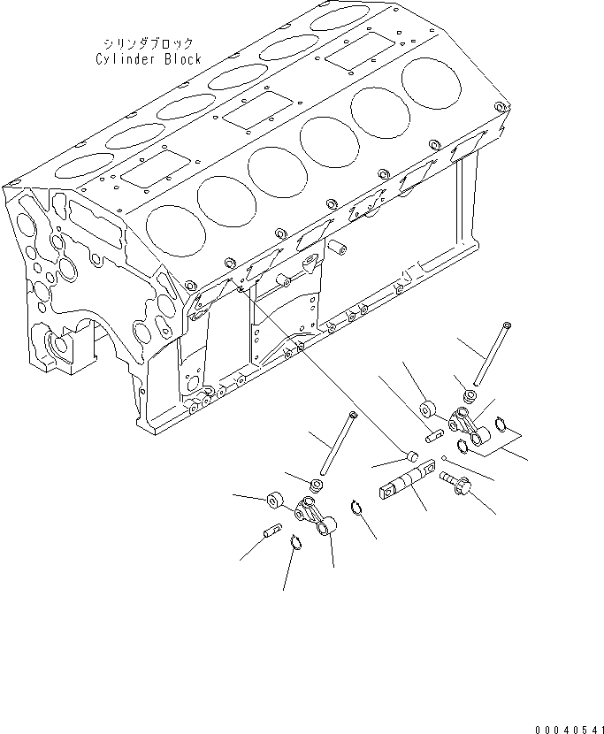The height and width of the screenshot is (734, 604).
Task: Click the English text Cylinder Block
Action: pyautogui.click(x=149, y=59)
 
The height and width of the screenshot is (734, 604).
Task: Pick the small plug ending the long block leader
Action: pyautogui.click(x=409, y=455)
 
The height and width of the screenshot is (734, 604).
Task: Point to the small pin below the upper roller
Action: pyautogui.click(x=434, y=434)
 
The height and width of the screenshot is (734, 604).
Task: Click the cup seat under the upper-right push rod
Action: pyautogui.click(x=470, y=394)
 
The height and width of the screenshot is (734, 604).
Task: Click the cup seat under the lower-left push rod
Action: pyautogui.click(x=315, y=485)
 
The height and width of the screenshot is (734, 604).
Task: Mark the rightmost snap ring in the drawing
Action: pyautogui.click(x=501, y=425)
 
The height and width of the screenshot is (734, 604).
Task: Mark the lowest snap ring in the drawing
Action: pyautogui.click(x=296, y=543)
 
